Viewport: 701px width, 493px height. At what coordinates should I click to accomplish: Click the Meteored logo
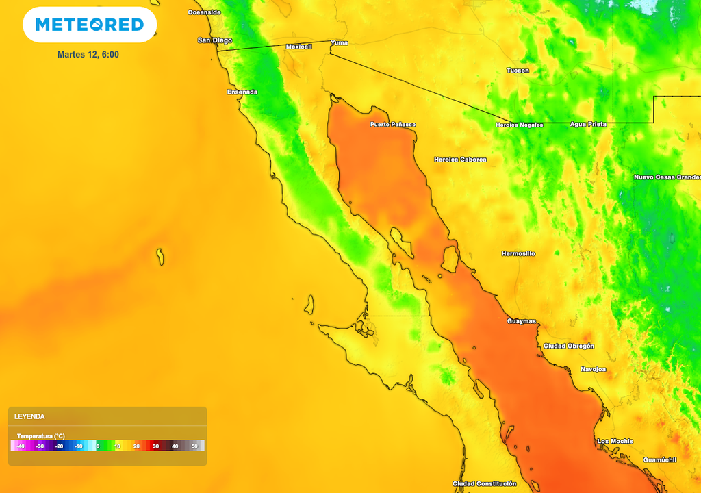(x=90, y=25)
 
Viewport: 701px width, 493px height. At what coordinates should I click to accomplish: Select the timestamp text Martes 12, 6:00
(x=88, y=54)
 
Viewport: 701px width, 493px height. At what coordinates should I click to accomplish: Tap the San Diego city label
(x=215, y=40)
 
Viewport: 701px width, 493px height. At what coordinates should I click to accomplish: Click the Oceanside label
(x=205, y=12)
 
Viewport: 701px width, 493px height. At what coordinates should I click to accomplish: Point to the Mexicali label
(x=298, y=47)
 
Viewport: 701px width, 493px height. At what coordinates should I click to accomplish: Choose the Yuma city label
(x=339, y=42)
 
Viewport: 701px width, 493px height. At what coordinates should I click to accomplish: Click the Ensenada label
(x=242, y=92)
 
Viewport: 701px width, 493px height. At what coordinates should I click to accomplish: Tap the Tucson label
(x=518, y=71)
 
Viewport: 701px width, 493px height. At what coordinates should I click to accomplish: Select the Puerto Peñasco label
(x=393, y=125)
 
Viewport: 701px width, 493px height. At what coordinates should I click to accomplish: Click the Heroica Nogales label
(x=520, y=125)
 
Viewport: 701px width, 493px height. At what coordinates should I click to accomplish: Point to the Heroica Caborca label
(x=460, y=160)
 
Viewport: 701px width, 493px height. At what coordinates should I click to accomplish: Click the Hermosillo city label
(x=518, y=253)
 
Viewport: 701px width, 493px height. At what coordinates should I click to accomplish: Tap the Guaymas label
(x=522, y=321)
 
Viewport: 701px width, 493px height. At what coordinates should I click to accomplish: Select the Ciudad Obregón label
(x=569, y=346)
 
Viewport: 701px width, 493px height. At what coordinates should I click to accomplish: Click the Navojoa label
(x=593, y=369)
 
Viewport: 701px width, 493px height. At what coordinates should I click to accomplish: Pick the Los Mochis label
(x=615, y=441)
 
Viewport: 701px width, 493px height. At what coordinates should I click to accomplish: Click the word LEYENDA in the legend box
(x=29, y=416)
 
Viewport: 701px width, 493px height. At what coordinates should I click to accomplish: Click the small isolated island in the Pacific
(x=160, y=257)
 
